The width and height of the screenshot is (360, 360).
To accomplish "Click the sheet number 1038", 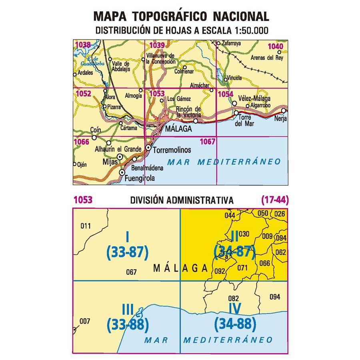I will pyautogui.click(x=83, y=45).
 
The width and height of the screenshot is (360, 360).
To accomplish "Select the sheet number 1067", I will pyautogui.click(x=208, y=141).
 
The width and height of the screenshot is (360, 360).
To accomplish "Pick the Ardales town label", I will pyautogui.click(x=85, y=73).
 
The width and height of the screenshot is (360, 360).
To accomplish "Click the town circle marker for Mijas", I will pyautogui.click(x=120, y=156).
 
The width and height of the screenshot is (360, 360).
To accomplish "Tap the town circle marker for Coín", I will pyautogui.click(x=94, y=138).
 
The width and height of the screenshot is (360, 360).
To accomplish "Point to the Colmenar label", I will pyautogui.click(x=184, y=72).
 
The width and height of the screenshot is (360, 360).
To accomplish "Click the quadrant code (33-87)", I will pyautogui.click(x=128, y=252).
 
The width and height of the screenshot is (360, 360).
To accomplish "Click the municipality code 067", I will pyautogui.click(x=131, y=272).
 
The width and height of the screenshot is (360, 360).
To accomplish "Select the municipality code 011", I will pyautogui.click(x=86, y=226).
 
